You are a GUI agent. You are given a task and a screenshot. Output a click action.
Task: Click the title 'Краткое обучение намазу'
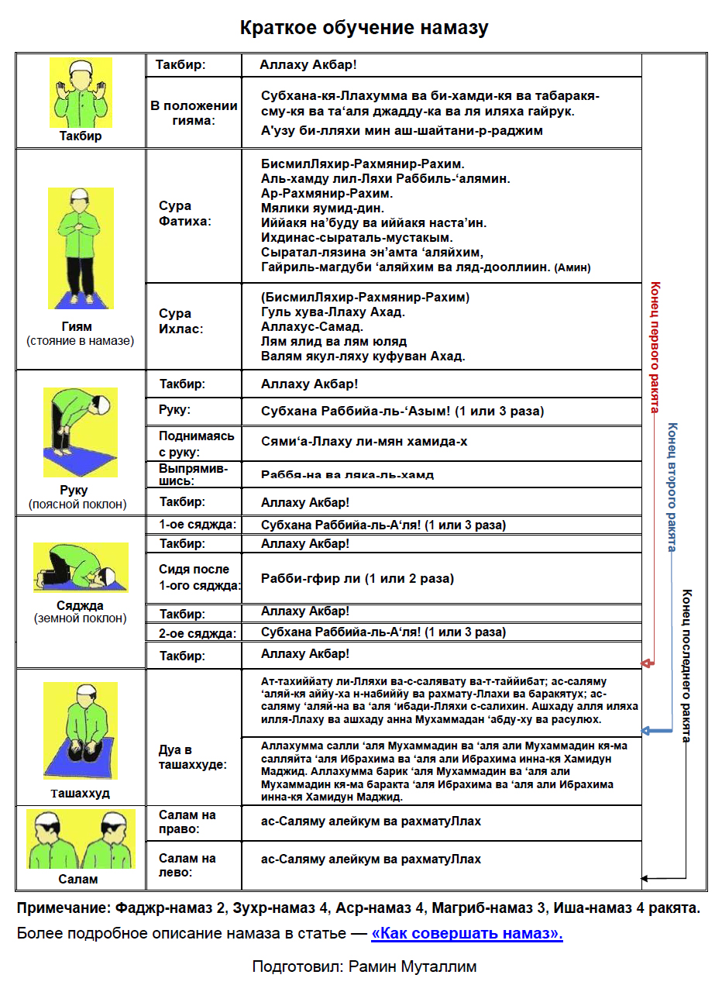363,29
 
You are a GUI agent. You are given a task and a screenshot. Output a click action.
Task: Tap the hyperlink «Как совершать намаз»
467,933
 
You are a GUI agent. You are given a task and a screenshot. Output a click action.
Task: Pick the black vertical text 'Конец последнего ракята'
686,665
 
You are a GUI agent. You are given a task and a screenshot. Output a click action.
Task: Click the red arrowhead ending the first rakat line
647,664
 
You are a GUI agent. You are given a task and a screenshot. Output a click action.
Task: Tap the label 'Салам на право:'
187,822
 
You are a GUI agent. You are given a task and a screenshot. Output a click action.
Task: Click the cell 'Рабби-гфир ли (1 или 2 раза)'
357,578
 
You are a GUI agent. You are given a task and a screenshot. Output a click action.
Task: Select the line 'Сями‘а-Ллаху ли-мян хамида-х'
364,442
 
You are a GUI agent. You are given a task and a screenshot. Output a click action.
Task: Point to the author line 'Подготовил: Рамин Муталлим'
364,966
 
